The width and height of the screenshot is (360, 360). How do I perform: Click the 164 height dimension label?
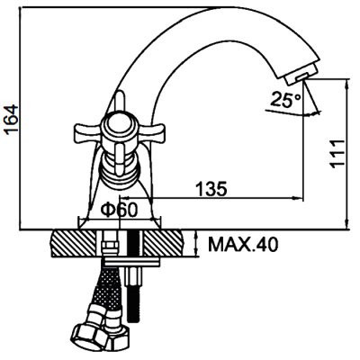point(12,120)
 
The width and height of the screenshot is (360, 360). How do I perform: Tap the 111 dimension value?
point(337,154)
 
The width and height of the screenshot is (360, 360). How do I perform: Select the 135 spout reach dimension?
point(211,189)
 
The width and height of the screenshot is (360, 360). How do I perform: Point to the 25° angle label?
point(285,100)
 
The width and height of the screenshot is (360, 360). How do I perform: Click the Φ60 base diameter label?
point(119,210)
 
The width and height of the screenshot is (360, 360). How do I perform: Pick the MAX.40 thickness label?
point(243,245)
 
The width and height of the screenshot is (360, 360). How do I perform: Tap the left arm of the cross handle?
point(88,131)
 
